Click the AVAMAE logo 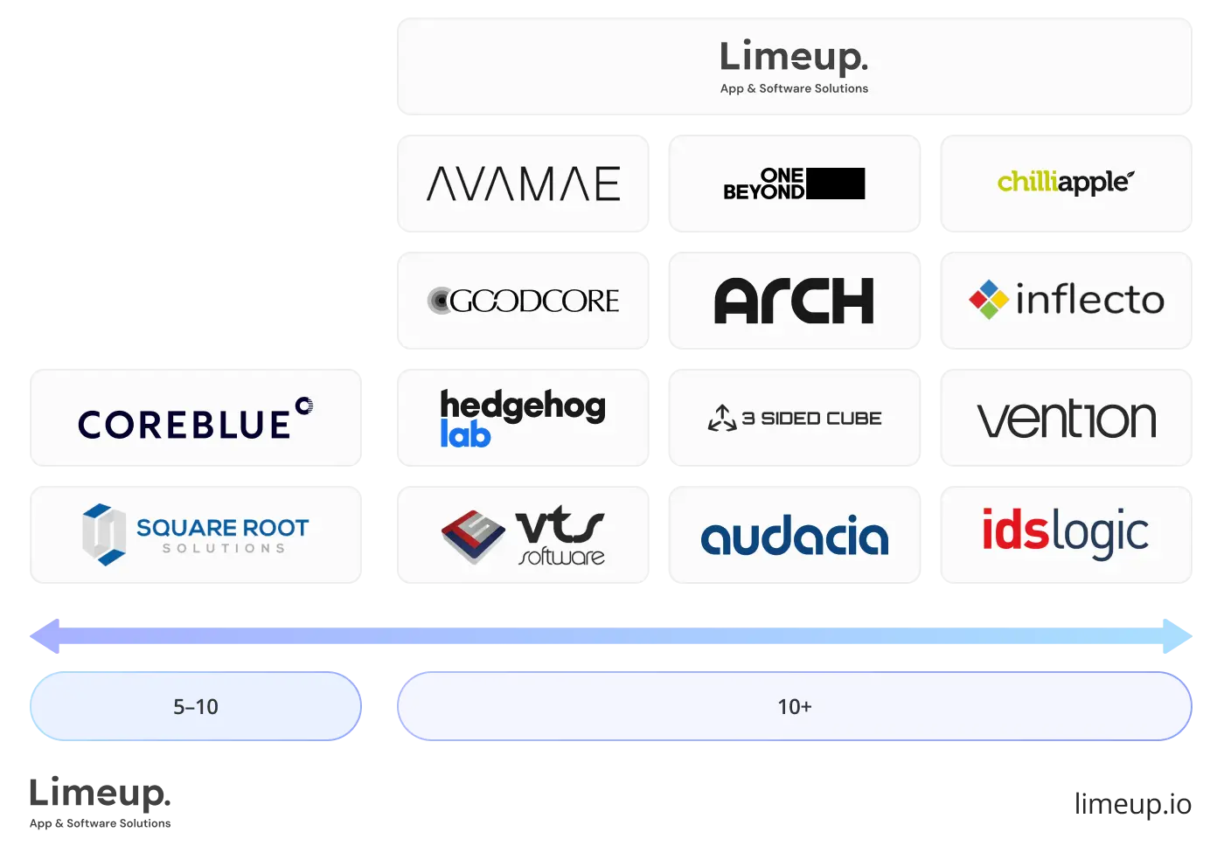(x=523, y=184)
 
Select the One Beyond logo (x=793, y=184)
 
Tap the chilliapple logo (x=1065, y=182)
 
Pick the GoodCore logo (x=523, y=301)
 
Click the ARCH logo (x=794, y=301)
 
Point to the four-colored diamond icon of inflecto (x=989, y=300)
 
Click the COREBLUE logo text (x=185, y=425)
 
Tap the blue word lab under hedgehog (x=465, y=434)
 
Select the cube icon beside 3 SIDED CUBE (x=722, y=419)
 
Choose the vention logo (x=1066, y=420)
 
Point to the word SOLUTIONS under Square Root (x=224, y=549)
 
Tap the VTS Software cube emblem (x=473, y=535)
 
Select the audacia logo (x=794, y=536)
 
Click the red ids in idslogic (x=1014, y=530)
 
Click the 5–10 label (x=196, y=706)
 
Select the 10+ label (x=795, y=706)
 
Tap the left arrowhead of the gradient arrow (x=44, y=636)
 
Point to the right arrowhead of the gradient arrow (x=1180, y=636)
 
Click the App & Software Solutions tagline (x=794, y=88)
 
